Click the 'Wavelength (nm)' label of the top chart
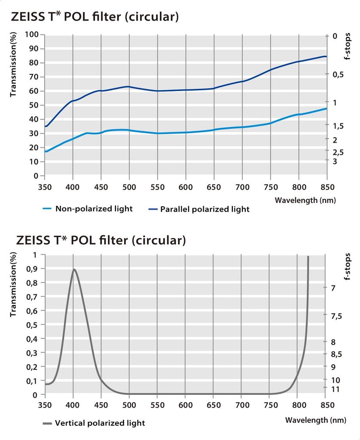coord(305,200)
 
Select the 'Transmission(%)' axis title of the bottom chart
coord(13,284)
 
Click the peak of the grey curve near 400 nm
coord(74,269)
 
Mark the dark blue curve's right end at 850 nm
coord(326,56)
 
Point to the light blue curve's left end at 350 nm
coord(46,151)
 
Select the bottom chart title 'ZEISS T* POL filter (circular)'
coord(101,240)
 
